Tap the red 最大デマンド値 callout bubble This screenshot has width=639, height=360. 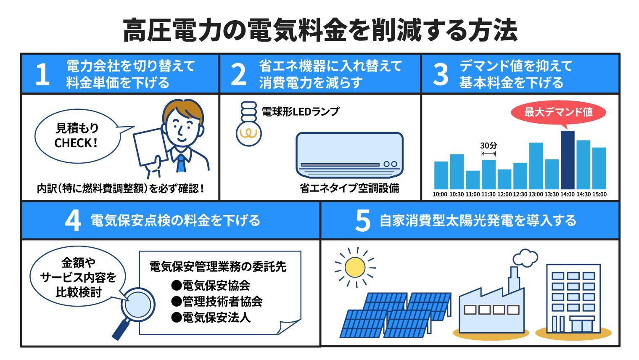click(x=558, y=112)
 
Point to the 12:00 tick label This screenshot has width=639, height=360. click(x=504, y=194)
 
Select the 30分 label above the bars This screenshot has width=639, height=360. click(x=488, y=146)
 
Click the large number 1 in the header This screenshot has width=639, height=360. click(x=42, y=74)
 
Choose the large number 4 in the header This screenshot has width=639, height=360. click(x=73, y=220)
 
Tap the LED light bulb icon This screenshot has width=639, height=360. click(x=248, y=124)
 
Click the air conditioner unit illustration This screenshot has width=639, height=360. click(x=349, y=155)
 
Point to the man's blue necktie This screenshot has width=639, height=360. click(x=181, y=162)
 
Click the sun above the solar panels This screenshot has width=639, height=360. click(x=355, y=267)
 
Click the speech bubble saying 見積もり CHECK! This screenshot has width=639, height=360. click(x=77, y=135)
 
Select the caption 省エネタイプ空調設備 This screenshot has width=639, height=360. click(x=349, y=188)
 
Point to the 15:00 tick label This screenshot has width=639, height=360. click(x=599, y=194)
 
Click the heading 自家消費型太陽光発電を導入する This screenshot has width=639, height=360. click(x=478, y=220)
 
